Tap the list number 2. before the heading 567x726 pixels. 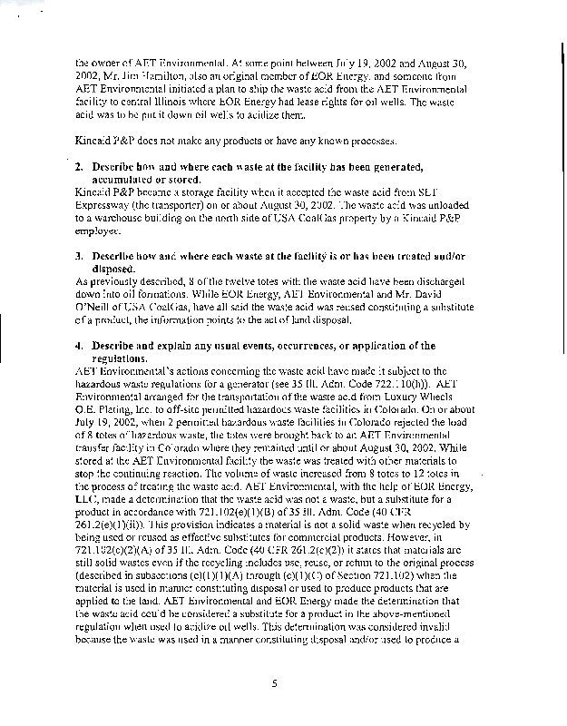coord(81,167)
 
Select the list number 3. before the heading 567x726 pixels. coord(81,257)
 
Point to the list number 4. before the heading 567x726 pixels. coord(81,346)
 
